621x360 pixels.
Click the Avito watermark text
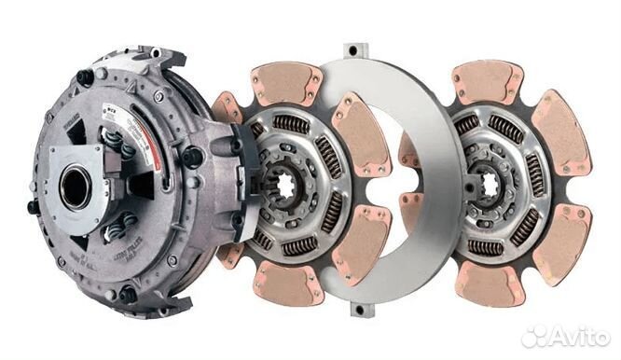577,337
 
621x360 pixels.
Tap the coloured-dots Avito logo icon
534,337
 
